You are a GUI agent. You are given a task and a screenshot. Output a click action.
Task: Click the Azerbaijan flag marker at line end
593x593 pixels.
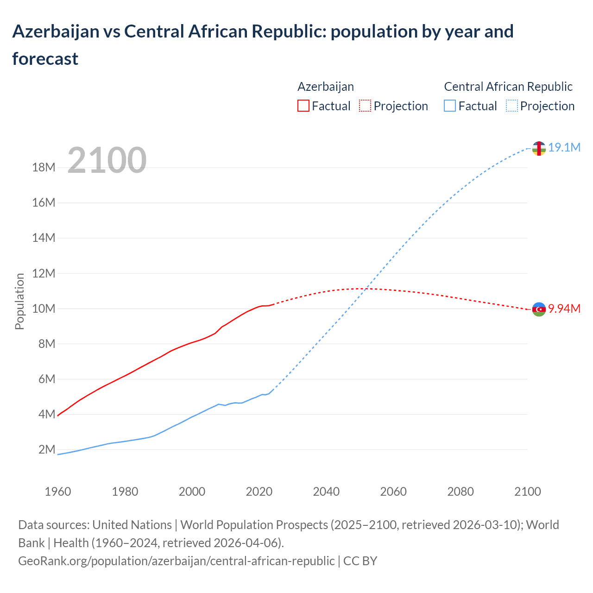pos(539,309)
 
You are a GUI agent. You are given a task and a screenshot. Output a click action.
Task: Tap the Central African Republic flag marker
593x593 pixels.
pos(539,148)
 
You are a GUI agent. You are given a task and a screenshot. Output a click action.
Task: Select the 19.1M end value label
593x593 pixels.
pos(564,148)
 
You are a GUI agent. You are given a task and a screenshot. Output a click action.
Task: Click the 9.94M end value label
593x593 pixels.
pos(564,309)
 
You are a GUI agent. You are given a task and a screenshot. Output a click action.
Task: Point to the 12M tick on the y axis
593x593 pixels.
pos(44,273)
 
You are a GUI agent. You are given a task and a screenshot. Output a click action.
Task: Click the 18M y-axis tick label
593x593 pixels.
pos(44,167)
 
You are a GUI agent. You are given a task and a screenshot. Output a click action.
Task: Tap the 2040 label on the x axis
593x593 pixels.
pos(326,492)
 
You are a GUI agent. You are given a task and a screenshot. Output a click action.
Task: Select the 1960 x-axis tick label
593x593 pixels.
pos(58,492)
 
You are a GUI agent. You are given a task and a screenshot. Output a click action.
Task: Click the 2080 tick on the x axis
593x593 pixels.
pos(461,492)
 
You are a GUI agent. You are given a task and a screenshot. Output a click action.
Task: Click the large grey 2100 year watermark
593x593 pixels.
pos(107,160)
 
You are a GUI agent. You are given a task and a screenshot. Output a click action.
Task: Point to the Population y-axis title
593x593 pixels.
pos(19,301)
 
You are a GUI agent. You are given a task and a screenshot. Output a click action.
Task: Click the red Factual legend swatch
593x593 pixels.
pos(303,106)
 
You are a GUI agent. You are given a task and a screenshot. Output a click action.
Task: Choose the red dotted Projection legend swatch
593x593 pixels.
pos(365,106)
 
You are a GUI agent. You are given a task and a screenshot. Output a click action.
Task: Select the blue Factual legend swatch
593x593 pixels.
pos(450,106)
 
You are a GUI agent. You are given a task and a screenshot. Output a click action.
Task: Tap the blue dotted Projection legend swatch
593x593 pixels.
pos(512,106)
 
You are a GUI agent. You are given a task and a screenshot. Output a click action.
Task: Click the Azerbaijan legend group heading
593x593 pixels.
pos(325,87)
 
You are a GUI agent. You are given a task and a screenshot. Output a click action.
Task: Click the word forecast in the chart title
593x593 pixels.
pos(45,59)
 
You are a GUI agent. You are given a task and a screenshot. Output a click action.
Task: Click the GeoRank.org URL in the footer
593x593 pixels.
pos(176,561)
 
